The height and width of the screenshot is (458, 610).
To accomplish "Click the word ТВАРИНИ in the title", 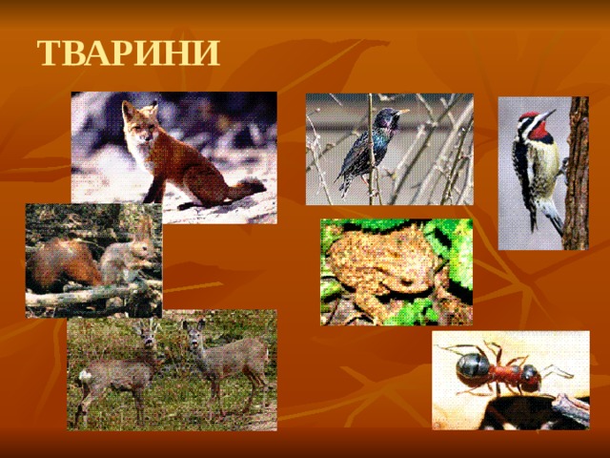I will click(128, 53).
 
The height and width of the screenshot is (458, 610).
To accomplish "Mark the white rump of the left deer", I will click(86, 376).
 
